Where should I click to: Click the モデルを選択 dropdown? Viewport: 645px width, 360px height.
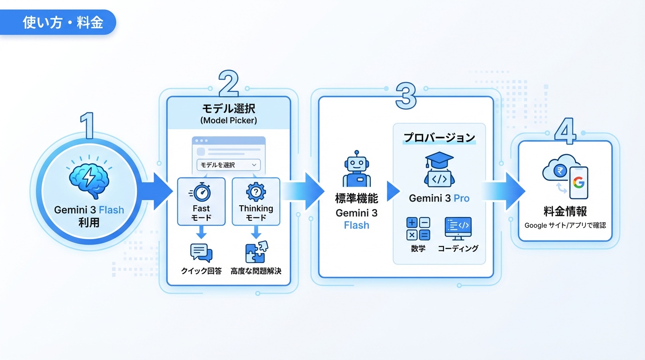click(x=229, y=165)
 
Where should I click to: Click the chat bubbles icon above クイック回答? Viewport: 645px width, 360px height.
click(x=201, y=253)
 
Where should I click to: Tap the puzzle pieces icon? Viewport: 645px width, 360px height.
click(x=256, y=252)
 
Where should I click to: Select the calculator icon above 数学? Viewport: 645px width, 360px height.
click(x=418, y=229)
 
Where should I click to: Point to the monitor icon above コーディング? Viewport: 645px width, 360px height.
click(x=458, y=229)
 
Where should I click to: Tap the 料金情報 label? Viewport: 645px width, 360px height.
click(x=565, y=212)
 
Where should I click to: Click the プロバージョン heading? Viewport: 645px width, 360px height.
click(x=439, y=138)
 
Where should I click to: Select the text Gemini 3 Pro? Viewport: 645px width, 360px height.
click(x=439, y=198)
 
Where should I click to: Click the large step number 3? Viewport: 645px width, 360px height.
click(x=405, y=95)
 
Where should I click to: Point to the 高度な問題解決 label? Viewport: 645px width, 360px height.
click(x=256, y=271)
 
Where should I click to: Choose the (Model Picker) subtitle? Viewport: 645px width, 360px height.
click(x=229, y=120)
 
